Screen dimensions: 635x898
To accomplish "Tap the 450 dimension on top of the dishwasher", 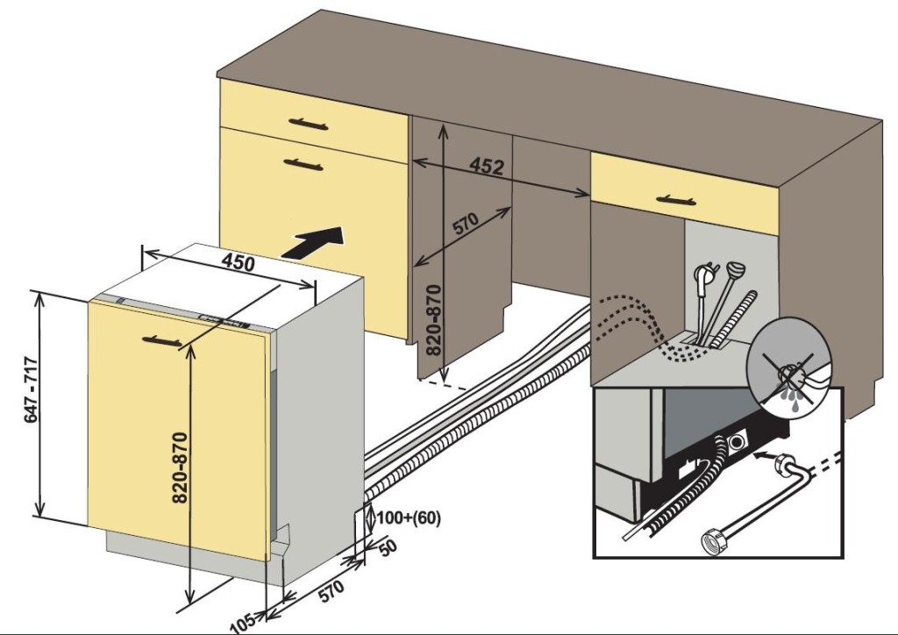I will tap(238, 260).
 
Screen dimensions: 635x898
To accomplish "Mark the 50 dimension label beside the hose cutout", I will tap(387, 546).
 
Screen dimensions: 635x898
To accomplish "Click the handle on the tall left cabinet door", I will tap(304, 162).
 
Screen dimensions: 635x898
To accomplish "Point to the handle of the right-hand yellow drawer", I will tap(679, 199).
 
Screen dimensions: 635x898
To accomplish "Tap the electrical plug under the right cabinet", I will tap(701, 275).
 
